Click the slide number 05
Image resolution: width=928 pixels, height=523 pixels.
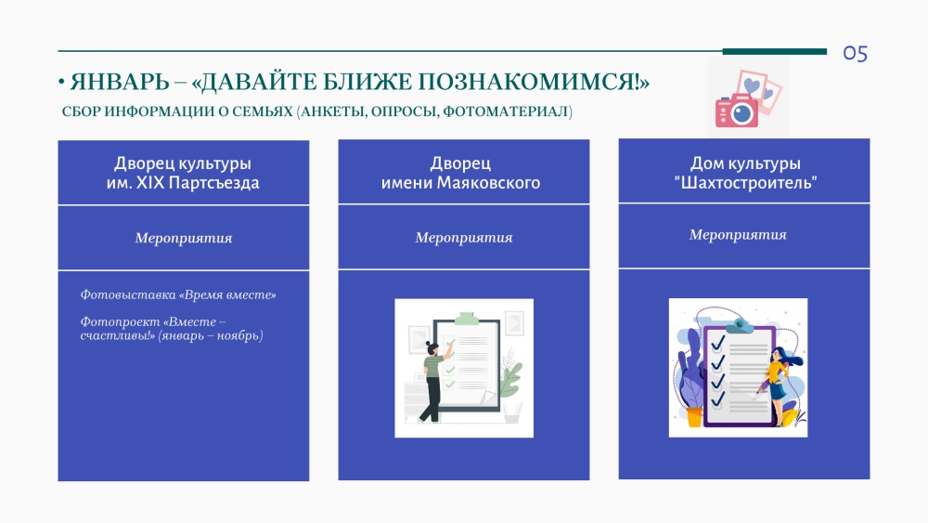856,54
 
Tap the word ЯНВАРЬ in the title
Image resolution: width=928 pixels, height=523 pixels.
120,83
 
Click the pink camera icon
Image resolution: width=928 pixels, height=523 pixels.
736,111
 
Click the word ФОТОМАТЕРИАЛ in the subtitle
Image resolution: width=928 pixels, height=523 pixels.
508,111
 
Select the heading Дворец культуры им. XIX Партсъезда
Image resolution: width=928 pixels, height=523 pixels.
183,173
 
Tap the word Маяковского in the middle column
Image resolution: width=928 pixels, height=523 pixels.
488,182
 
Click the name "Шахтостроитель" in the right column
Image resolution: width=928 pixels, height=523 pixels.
745,182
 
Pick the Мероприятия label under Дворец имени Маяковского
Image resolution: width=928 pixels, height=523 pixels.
463,238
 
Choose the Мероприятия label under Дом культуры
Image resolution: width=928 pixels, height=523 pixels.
738,235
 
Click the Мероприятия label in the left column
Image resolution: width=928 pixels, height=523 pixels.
184,238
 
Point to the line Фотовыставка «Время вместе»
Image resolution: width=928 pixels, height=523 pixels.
178,295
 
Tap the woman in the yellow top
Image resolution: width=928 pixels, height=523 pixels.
780,385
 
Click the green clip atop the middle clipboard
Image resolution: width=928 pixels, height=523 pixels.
466,319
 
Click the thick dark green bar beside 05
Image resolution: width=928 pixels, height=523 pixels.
775,51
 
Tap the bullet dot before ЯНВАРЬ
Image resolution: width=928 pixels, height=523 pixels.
61,83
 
